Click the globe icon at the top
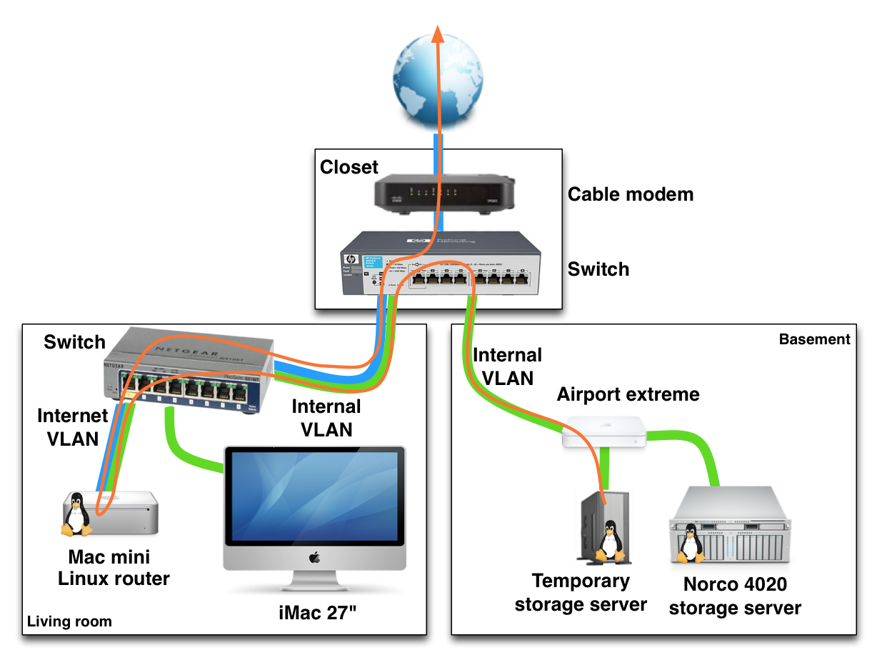[x=437, y=76]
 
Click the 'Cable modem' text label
[x=630, y=194]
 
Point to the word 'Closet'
[x=349, y=167]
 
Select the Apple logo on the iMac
[x=314, y=556]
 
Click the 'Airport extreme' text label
[x=628, y=394]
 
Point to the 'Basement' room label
[x=814, y=339]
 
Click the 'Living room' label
[x=69, y=621]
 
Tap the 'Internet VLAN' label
[x=72, y=426]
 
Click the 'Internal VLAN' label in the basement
[x=507, y=366]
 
